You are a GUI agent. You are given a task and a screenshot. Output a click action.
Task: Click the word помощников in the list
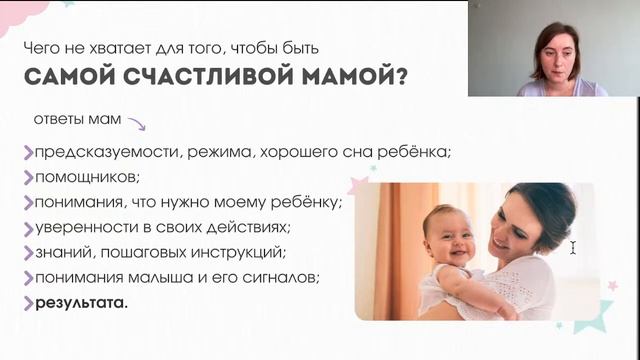(87, 177)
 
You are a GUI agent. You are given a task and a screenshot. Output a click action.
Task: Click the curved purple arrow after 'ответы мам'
(135, 124)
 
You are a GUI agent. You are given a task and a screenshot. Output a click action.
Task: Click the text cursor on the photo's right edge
(573, 247)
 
